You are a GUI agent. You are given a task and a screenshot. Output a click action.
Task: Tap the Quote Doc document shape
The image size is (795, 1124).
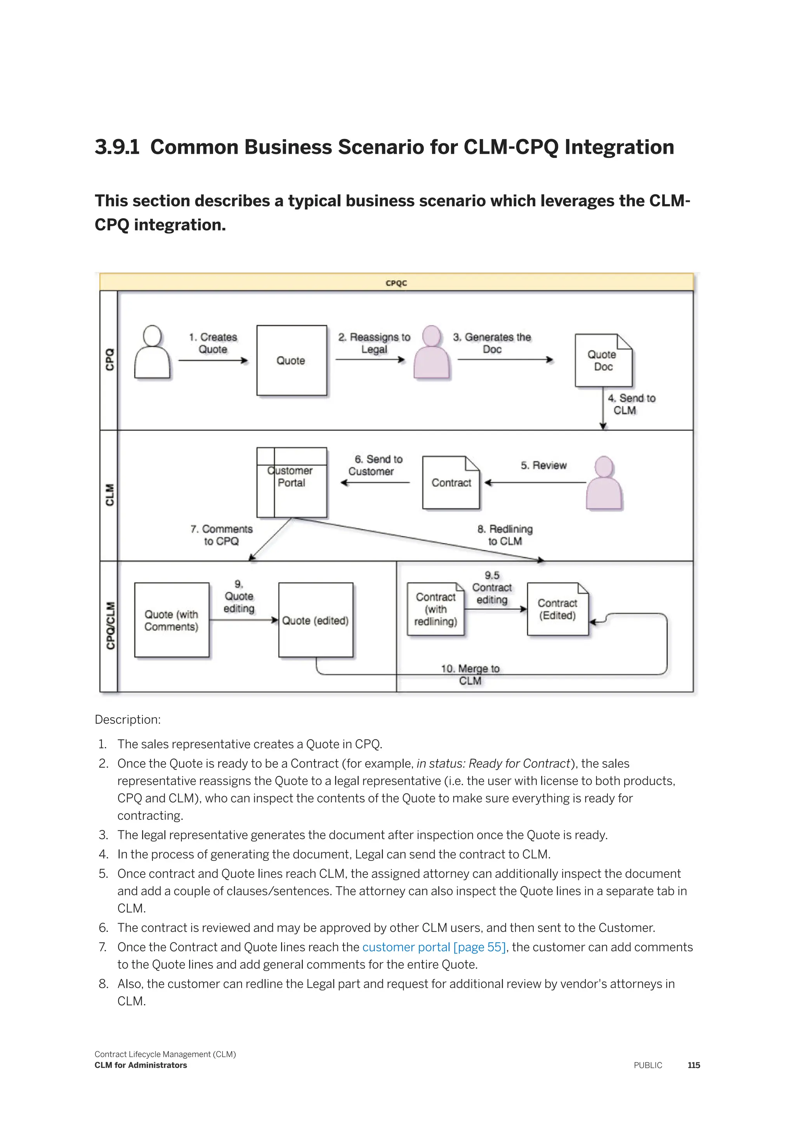tap(603, 361)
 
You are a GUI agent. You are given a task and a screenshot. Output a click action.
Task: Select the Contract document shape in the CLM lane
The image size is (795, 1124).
tap(451, 483)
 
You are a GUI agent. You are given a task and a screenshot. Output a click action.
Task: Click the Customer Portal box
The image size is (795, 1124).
tap(292, 482)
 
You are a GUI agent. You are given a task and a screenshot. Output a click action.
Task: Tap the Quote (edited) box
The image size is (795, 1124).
tap(316, 620)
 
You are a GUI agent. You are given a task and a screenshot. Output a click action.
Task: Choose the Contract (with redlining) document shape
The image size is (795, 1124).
tap(435, 609)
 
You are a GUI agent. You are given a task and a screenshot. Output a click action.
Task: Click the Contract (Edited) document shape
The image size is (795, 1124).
tap(557, 609)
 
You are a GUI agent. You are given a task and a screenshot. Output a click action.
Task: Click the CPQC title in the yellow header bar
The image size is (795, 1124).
tap(396, 283)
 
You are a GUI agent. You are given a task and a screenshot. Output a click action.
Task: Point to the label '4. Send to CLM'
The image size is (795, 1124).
tap(631, 404)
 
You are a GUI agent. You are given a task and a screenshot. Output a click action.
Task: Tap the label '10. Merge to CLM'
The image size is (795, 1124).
tap(470, 675)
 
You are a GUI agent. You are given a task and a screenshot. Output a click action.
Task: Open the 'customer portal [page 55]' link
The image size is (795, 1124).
tap(434, 947)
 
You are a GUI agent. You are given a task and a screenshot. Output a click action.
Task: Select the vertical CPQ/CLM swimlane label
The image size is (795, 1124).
tap(110, 626)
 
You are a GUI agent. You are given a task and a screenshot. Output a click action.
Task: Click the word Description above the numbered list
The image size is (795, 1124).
tap(127, 720)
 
